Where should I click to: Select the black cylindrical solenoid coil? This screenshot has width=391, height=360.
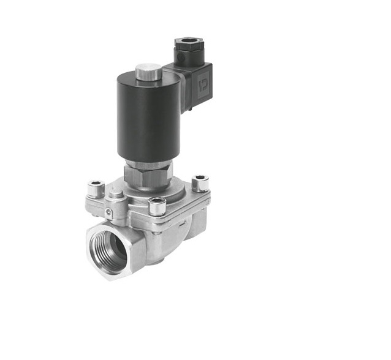pos(139,119)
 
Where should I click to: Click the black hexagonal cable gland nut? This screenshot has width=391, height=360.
pos(184,46)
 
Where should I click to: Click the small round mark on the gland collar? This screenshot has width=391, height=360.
pos(182,59)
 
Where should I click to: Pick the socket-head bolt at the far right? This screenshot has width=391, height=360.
pos(200,182)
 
